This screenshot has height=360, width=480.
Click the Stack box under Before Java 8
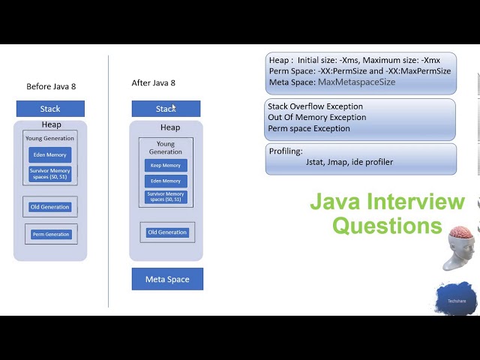coord(50,109)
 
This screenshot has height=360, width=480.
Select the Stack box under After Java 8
coord(166,109)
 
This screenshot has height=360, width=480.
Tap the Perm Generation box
coord(51,235)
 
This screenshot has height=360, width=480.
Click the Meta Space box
coord(166,279)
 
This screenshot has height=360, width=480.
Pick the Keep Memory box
coord(166,166)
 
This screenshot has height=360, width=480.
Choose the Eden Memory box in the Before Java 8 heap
coord(50,155)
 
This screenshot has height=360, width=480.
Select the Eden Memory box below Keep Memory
coord(166,181)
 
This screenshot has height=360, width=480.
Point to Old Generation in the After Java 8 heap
coord(166,232)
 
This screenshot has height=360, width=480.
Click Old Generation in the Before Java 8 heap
coord(50,207)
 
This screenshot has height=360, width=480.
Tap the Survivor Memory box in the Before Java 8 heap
coord(50,174)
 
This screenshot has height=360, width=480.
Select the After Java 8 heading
coord(153,83)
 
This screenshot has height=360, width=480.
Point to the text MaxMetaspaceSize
coord(356,82)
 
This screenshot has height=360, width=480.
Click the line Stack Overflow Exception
coord(315,106)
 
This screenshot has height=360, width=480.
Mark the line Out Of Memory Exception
coord(316,118)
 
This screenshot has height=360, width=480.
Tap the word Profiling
coord(286,151)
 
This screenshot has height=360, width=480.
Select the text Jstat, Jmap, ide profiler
coord(349,162)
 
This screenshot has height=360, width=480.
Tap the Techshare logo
coord(456,299)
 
